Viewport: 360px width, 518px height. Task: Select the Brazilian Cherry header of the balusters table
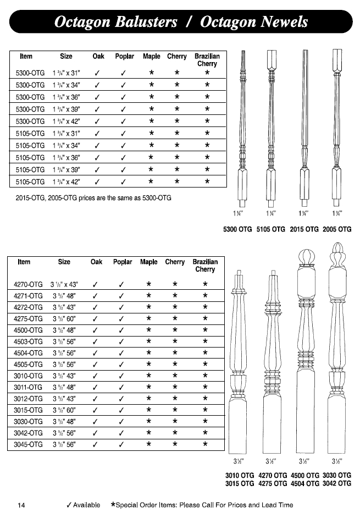coord(207,60)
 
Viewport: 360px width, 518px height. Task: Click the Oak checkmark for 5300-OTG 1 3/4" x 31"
coord(97,73)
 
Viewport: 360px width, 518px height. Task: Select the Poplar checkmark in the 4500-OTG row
coord(123,330)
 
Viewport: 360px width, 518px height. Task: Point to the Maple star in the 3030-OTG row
coord(148,421)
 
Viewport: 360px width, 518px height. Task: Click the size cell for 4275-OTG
coord(65,319)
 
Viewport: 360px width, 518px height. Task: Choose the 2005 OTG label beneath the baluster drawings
coord(337,229)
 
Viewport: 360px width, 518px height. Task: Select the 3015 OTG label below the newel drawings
coord(240,483)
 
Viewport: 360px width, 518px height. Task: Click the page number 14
coord(21,505)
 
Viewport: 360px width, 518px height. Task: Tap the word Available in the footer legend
coord(86,505)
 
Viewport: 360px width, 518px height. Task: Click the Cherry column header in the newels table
coord(175,262)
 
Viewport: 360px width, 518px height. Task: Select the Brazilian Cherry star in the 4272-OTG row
coord(205,307)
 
